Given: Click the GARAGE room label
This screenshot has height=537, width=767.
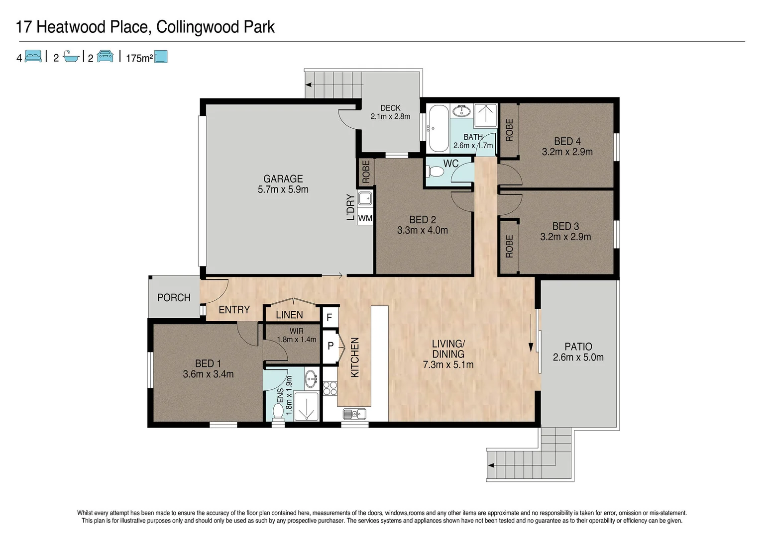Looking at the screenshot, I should [x=283, y=179].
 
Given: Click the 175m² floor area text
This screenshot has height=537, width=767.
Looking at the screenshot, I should [x=139, y=58].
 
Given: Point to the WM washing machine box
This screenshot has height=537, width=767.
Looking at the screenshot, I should [x=365, y=218].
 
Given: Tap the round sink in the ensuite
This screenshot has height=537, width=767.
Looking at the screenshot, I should [x=312, y=379].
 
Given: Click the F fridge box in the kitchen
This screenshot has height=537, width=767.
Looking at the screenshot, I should [x=329, y=317].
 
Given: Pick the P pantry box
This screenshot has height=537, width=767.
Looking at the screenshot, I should [x=330, y=346].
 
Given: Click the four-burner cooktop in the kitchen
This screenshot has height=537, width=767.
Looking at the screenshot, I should [x=329, y=388].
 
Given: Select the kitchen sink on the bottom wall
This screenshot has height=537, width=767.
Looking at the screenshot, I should [x=354, y=414].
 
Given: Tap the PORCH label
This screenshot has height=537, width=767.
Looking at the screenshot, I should [x=174, y=297].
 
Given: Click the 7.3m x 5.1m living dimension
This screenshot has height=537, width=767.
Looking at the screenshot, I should [x=448, y=364].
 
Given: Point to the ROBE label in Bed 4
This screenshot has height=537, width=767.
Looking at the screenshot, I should [x=509, y=130].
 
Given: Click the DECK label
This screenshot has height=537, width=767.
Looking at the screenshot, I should [x=390, y=108].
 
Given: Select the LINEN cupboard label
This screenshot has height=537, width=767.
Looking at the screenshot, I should [x=289, y=315].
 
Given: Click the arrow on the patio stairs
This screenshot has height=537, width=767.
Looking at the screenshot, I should [x=491, y=465].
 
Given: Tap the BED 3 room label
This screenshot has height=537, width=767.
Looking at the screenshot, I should [x=565, y=226].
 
